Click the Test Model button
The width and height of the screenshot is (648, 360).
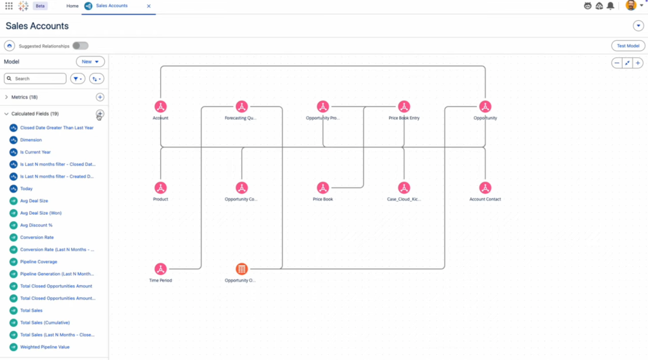pyautogui.click(x=628, y=46)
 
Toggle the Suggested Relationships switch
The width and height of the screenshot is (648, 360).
pyautogui.click(x=80, y=46)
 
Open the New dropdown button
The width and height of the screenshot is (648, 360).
pyautogui.click(x=90, y=61)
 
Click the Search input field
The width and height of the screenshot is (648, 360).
pyautogui.click(x=35, y=79)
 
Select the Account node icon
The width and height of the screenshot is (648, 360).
pyautogui.click(x=160, y=106)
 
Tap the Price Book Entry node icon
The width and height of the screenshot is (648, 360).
pyautogui.click(x=403, y=106)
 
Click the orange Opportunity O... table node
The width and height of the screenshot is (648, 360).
pyautogui.click(x=241, y=269)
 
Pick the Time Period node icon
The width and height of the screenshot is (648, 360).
pyautogui.click(x=160, y=269)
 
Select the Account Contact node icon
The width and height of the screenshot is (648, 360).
pyautogui.click(x=485, y=188)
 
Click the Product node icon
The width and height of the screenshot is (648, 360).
pyautogui.click(x=160, y=188)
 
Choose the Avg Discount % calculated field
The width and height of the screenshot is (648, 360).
pyautogui.click(x=36, y=225)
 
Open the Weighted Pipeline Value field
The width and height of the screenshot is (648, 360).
pyautogui.click(x=44, y=347)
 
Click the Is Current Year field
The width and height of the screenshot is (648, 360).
pyautogui.click(x=35, y=152)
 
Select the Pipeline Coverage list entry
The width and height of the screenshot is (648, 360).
pyautogui.click(x=39, y=262)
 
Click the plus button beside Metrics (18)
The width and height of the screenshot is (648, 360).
pyautogui.click(x=100, y=97)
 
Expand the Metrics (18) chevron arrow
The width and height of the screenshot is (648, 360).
pyautogui.click(x=6, y=97)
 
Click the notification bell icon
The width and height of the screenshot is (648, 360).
pyautogui.click(x=611, y=6)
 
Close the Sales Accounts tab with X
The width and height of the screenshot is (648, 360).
pyautogui.click(x=149, y=6)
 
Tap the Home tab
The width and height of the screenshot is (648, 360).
pyautogui.click(x=72, y=6)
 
